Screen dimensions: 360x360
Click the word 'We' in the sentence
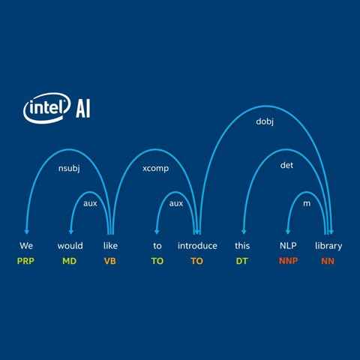pyautogui.click(x=26, y=245)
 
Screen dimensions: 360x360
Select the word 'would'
pyautogui.click(x=70, y=245)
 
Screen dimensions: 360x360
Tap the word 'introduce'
pyautogui.click(x=197, y=246)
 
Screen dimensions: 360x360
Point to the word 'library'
pyautogui.click(x=328, y=246)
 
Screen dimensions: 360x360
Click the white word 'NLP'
pyautogui.click(x=288, y=245)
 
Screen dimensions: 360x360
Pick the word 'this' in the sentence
pyautogui.click(x=242, y=245)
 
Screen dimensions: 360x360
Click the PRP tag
pyautogui.click(x=25, y=261)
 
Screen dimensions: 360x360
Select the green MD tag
pyautogui.click(x=70, y=261)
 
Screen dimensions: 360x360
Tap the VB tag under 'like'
pyautogui.click(x=110, y=261)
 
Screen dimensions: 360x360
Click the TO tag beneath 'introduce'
pyautogui.click(x=197, y=261)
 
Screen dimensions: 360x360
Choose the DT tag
pyautogui.click(x=241, y=261)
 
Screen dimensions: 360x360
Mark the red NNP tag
pyautogui.click(x=288, y=261)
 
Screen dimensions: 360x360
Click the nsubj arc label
pyautogui.click(x=69, y=168)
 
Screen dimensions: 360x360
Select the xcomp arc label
pyautogui.click(x=155, y=169)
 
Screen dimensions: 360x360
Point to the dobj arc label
pyautogui.click(x=265, y=121)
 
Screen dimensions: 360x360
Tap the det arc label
pyautogui.click(x=286, y=165)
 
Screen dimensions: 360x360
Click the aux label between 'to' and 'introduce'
pyautogui.click(x=176, y=203)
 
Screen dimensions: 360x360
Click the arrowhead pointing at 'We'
pyautogui.click(x=27, y=232)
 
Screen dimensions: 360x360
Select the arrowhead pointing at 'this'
pyautogui.click(x=244, y=232)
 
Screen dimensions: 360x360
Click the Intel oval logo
pyautogui.click(x=46, y=108)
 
